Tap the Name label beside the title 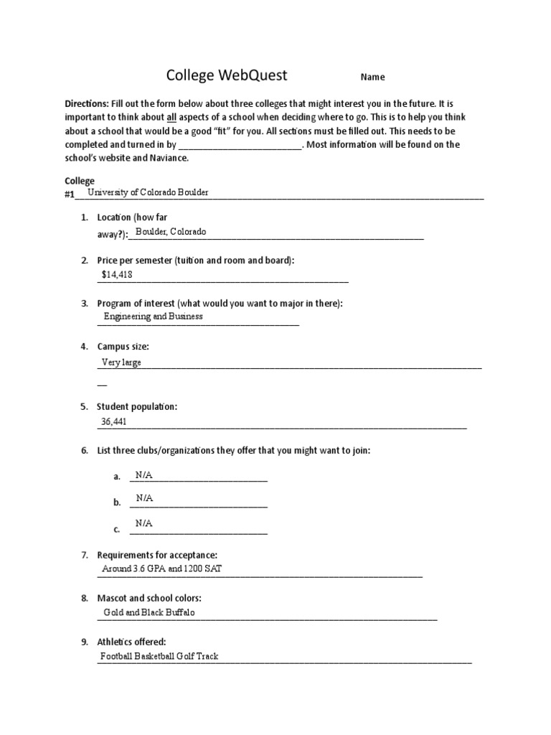click(x=372, y=78)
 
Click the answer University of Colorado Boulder click(x=148, y=193)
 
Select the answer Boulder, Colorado click(x=171, y=232)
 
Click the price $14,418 click(x=117, y=274)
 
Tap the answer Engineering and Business click(x=153, y=316)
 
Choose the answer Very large click(x=121, y=362)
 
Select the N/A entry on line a click(x=144, y=475)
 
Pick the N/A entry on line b click(x=144, y=498)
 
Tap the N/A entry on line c click(x=144, y=524)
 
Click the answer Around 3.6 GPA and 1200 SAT click(x=166, y=569)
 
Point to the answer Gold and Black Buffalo click(x=149, y=613)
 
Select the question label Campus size click(x=123, y=347)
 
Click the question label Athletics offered click(x=131, y=642)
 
